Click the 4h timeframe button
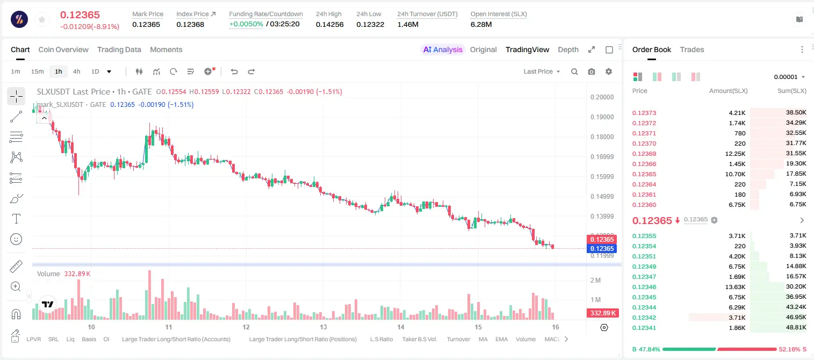tap(76, 71)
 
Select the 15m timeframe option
tap(37, 71)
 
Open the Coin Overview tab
tap(63, 49)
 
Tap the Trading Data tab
tap(119, 49)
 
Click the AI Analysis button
tap(443, 49)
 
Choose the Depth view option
tap(568, 49)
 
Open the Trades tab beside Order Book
tap(692, 49)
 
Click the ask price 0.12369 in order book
tap(644, 154)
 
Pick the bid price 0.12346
tap(644, 287)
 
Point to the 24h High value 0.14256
tap(329, 24)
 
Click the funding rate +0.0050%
tap(246, 24)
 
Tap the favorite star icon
tap(42, 19)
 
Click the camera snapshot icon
tap(592, 71)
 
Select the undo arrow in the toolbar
tap(234, 71)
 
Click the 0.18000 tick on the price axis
tap(602, 137)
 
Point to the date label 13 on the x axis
tap(323, 327)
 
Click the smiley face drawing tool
tap(16, 239)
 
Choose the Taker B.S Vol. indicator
tap(419, 339)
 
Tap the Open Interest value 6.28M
tap(481, 24)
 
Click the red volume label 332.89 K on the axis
tap(602, 313)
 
